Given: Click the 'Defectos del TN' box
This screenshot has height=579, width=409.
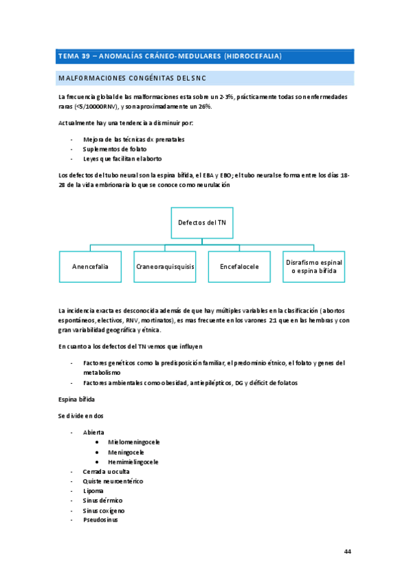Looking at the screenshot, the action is click(x=201, y=223).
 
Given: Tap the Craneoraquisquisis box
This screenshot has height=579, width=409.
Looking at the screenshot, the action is click(x=165, y=266).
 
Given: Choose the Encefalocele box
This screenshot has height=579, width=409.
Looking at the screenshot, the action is click(x=239, y=266).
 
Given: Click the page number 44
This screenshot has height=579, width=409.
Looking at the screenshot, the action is click(x=348, y=551).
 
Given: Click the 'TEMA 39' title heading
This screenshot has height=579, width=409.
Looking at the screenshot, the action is click(x=171, y=55).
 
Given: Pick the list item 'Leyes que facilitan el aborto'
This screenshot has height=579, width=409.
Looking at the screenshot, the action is click(x=122, y=158).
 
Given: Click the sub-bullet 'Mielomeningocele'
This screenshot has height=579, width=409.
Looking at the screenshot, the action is click(x=133, y=442).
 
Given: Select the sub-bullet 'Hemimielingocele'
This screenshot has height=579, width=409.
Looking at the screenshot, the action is click(x=133, y=462).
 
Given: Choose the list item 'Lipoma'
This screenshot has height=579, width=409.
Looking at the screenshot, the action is click(x=94, y=490).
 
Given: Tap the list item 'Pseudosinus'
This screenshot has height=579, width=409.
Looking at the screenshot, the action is click(x=100, y=520).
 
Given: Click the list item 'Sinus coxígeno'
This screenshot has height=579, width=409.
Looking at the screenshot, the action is click(x=104, y=510).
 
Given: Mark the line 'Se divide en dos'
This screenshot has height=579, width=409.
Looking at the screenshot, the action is click(x=81, y=416).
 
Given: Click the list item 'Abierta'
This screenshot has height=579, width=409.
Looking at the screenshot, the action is click(x=94, y=432).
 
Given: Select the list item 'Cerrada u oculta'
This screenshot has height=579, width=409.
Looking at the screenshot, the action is click(x=106, y=471).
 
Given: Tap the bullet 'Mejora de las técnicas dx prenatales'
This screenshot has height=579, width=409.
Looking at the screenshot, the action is click(x=134, y=139).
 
